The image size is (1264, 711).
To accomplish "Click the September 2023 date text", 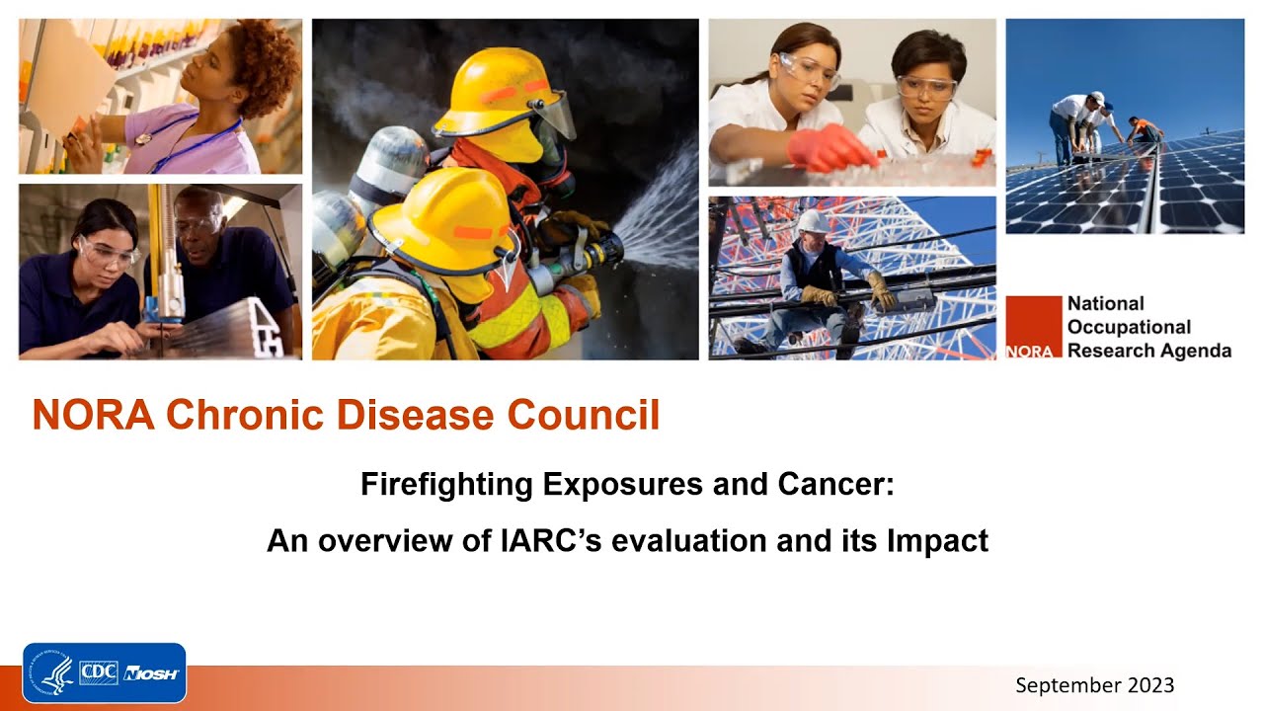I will (x=1094, y=685).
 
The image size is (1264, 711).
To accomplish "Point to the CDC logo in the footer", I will (x=99, y=673).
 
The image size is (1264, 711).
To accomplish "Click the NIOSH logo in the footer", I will (x=151, y=673).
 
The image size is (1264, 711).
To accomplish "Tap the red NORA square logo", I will (x=1033, y=327).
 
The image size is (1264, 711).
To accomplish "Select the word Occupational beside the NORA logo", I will (x=1129, y=327).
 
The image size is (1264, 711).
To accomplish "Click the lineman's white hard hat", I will (x=812, y=220).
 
